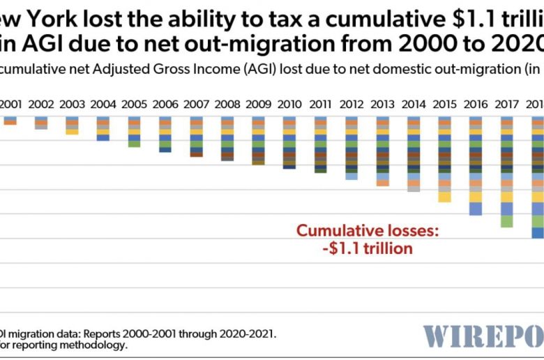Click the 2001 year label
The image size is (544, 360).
(10, 105)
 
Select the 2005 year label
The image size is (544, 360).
(134, 105)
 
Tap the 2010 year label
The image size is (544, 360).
(289, 105)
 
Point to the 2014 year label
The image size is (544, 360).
(414, 105)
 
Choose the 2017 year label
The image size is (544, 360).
(506, 105)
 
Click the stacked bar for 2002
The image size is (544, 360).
(41, 123)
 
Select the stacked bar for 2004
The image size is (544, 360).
(103, 129)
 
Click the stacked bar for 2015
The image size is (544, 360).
(444, 160)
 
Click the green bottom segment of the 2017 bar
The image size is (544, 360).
(506, 221)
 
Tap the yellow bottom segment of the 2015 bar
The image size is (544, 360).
(444, 197)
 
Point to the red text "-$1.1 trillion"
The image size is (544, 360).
(368, 248)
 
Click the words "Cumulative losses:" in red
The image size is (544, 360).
(368, 231)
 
